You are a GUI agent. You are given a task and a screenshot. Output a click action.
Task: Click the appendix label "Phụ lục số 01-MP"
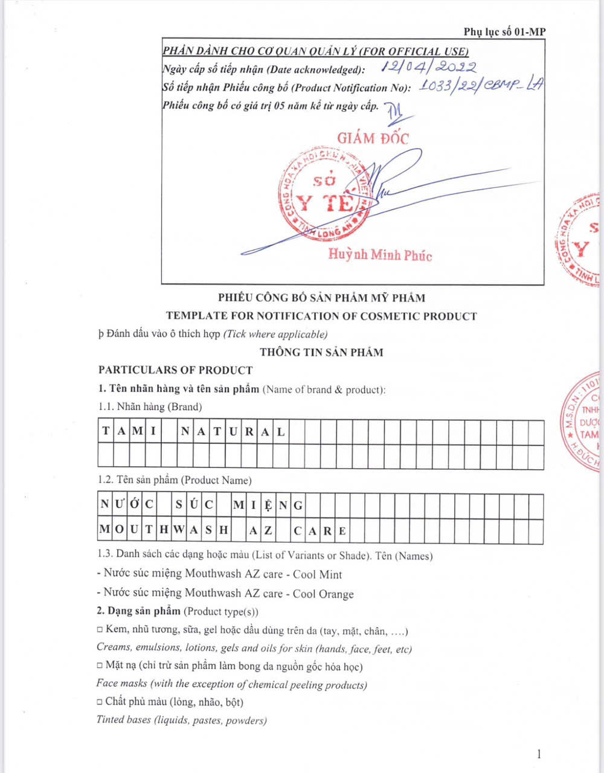(x=504, y=32)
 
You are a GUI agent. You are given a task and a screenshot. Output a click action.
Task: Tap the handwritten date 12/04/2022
(x=431, y=67)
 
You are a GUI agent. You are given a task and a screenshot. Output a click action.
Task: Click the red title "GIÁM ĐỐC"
(x=373, y=138)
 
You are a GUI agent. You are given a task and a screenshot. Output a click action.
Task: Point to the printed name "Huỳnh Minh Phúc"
(x=380, y=255)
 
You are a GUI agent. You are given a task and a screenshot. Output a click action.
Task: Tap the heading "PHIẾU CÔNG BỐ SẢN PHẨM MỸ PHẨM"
(x=321, y=298)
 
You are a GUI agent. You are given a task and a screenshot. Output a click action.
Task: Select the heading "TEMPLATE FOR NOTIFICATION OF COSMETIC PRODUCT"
(x=321, y=316)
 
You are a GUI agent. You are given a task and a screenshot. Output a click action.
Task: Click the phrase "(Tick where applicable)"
(x=275, y=334)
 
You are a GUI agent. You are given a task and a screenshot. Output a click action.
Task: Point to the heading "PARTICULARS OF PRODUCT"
(x=175, y=370)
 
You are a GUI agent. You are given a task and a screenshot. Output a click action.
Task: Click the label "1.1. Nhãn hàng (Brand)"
(x=150, y=407)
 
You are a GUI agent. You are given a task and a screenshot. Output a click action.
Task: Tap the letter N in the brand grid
(x=185, y=432)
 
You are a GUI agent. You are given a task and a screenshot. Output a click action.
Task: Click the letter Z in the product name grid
(x=268, y=531)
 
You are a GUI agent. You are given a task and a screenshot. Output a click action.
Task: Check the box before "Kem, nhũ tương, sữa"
(x=100, y=630)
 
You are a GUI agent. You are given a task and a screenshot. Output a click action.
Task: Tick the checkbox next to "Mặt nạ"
(x=100, y=666)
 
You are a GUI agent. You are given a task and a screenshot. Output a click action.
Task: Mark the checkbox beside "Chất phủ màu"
(x=100, y=702)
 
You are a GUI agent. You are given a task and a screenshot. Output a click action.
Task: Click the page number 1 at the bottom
(x=539, y=753)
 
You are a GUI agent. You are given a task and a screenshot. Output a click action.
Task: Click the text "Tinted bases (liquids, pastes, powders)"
(x=181, y=720)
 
